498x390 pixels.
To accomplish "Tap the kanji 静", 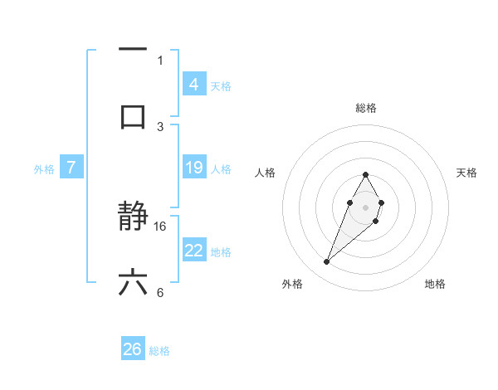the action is (x=133, y=217).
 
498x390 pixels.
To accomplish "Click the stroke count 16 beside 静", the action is (x=160, y=226).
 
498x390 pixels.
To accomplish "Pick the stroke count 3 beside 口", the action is (x=160, y=126).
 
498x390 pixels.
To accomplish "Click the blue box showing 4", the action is (x=193, y=84).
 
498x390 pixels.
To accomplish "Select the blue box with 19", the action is (x=193, y=168).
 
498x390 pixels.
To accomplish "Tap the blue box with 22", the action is (x=193, y=251).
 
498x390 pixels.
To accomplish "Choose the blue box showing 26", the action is (x=133, y=349).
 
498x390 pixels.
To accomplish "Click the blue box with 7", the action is (x=71, y=168).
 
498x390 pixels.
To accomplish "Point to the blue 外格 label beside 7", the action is (x=44, y=168).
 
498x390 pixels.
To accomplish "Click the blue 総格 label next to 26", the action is (x=159, y=351).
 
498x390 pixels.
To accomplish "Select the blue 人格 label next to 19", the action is (x=221, y=168).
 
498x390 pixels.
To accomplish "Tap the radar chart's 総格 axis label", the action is (x=365, y=108).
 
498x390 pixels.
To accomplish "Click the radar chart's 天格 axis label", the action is (x=466, y=173).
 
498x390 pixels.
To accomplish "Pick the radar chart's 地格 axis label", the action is (x=435, y=284).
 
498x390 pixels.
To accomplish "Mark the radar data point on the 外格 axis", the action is (x=327, y=262).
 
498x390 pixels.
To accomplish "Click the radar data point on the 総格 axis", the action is (x=365, y=174).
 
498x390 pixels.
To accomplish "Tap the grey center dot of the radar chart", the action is (x=365, y=206).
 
